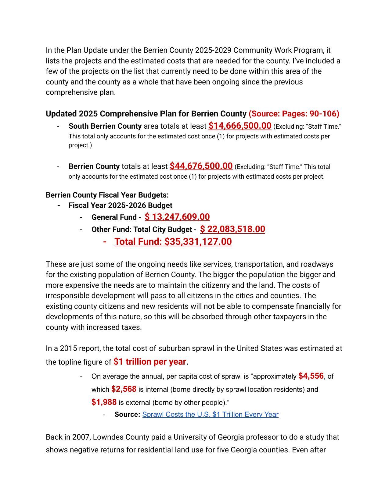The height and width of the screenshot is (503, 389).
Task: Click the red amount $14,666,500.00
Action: point(240,126)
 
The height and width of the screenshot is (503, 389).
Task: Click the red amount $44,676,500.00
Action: point(201,166)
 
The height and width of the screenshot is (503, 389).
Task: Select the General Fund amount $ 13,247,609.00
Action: point(177,217)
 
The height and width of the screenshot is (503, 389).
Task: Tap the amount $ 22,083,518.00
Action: point(232,229)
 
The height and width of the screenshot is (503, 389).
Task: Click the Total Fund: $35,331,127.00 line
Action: point(173,241)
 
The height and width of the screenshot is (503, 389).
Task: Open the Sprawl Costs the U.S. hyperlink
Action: point(210,414)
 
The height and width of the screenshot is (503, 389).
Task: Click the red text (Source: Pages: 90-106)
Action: point(294,114)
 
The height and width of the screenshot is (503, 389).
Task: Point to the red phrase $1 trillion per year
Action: point(149,362)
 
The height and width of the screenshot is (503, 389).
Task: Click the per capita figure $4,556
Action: point(311,376)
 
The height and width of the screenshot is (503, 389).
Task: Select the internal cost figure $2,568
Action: point(124,389)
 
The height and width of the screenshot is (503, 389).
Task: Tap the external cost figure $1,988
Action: point(104,402)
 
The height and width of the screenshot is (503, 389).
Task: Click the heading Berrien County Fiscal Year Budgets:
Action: point(107,195)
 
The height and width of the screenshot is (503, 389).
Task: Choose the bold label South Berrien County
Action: point(105,126)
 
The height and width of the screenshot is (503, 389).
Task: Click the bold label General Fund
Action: point(114,217)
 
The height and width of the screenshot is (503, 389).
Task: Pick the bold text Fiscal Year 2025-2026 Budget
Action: point(120,205)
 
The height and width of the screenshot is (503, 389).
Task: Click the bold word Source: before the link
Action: point(127,415)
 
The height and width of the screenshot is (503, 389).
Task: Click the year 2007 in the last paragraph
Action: point(81,437)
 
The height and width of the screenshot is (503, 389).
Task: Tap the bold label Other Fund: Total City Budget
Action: point(142,230)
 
